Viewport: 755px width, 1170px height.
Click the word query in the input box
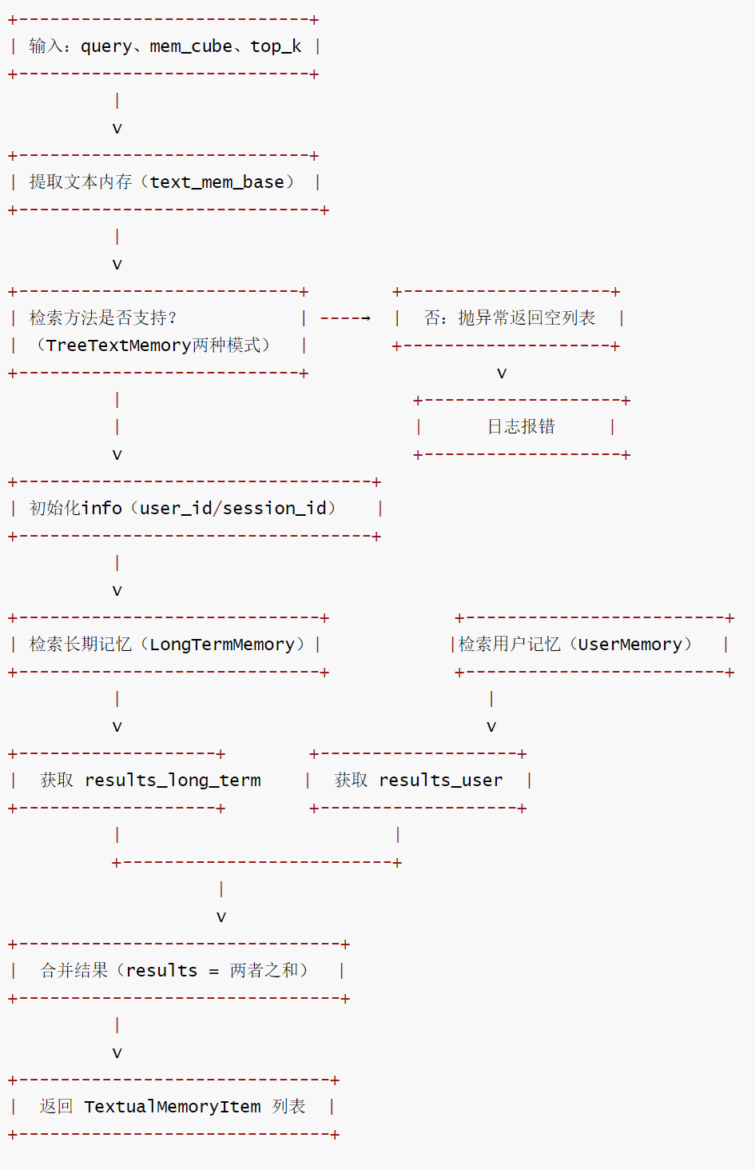(106, 46)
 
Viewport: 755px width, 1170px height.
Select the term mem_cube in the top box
(191, 46)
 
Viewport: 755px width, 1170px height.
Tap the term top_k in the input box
(276, 46)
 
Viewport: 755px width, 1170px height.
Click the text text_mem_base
(217, 182)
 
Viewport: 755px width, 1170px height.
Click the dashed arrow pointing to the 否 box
(345, 318)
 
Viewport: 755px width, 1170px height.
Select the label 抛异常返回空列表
(527, 318)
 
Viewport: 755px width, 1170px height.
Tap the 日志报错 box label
(521, 427)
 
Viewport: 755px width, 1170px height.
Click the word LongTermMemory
(222, 645)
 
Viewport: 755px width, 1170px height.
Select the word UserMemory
(630, 645)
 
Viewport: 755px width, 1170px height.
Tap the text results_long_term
(173, 781)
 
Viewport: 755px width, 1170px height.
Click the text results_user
(441, 781)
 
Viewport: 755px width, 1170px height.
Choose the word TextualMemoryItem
(173, 1107)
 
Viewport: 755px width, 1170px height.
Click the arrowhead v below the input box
(117, 129)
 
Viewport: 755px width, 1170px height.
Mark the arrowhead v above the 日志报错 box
(502, 373)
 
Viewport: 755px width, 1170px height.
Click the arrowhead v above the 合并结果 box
(221, 917)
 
